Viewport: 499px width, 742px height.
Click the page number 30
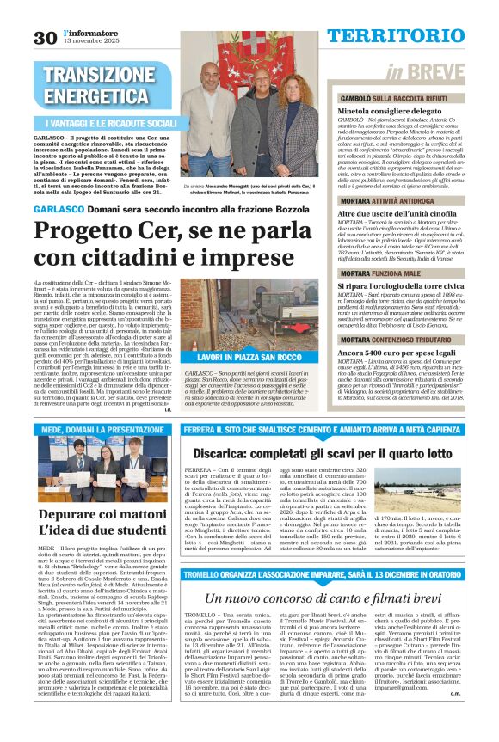(45, 37)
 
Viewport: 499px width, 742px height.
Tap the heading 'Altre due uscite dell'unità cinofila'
(385, 212)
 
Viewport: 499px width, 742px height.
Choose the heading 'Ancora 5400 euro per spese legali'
(384, 353)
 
